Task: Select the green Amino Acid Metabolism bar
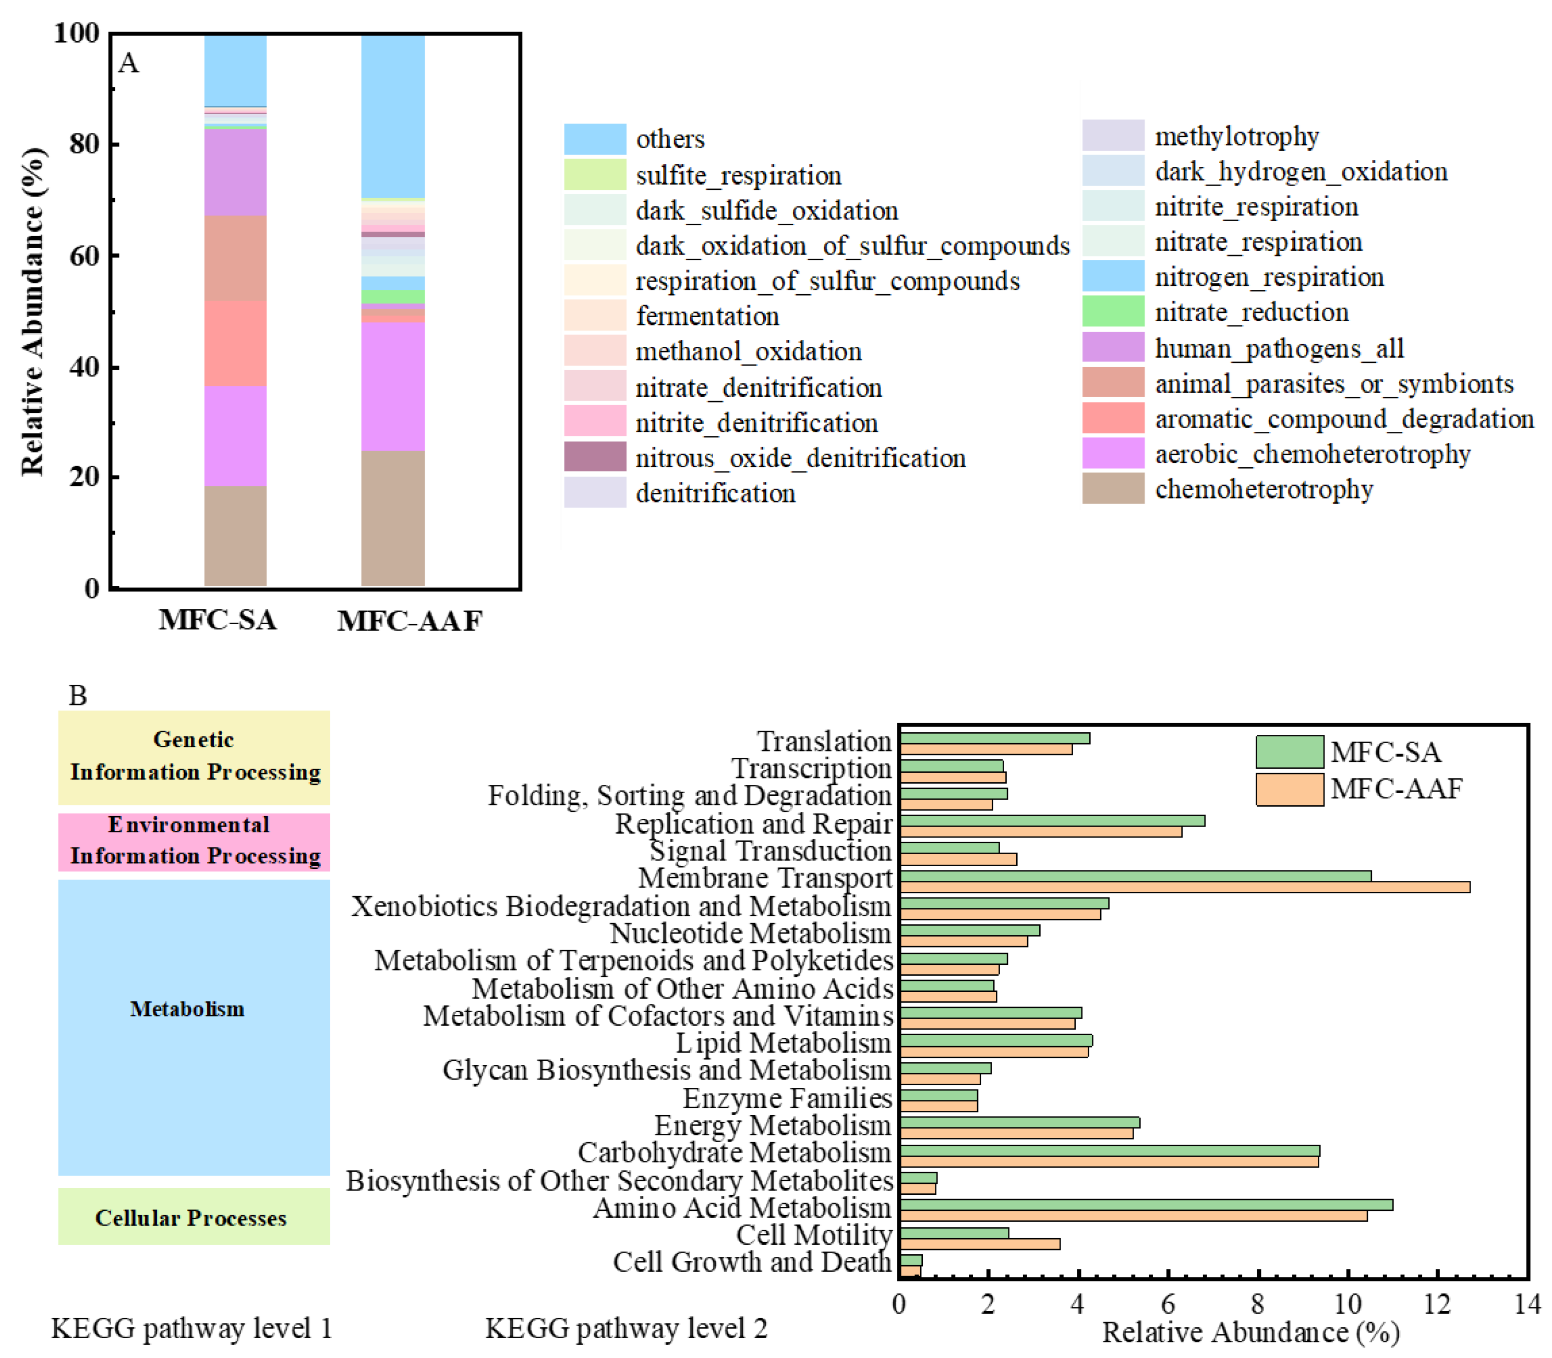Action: [x=1145, y=1205]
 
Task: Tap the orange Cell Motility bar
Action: [x=980, y=1244]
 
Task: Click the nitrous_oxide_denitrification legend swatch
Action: [x=594, y=457]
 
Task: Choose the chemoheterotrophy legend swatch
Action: [x=1112, y=489]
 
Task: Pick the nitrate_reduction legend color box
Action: [x=1112, y=311]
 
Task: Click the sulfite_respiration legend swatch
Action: [x=594, y=174]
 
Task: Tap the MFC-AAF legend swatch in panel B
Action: [x=1289, y=789]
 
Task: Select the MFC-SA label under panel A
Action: [x=218, y=620]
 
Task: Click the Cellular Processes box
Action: [x=194, y=1217]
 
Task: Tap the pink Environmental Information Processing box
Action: [x=194, y=841]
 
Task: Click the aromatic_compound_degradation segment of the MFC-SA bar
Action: [x=235, y=343]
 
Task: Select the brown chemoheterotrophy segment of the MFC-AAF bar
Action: [x=393, y=518]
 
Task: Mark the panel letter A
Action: [x=129, y=63]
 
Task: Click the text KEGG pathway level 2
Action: [x=625, y=1328]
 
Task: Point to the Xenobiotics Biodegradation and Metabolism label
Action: [x=621, y=906]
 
